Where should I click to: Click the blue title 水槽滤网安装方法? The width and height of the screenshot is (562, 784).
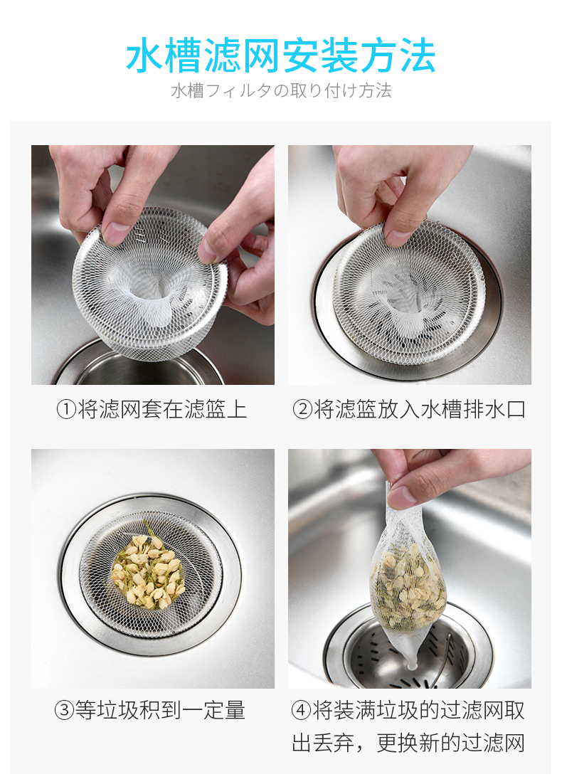pyautogui.click(x=280, y=55)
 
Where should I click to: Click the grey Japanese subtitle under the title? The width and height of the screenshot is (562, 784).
pyautogui.click(x=281, y=90)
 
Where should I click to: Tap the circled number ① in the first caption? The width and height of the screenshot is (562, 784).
pyautogui.click(x=65, y=410)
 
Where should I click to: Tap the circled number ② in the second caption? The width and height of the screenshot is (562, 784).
pyautogui.click(x=302, y=410)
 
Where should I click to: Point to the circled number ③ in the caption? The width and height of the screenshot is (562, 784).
pyautogui.click(x=64, y=710)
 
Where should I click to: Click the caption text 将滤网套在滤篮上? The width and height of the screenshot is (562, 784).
pyautogui.click(x=162, y=410)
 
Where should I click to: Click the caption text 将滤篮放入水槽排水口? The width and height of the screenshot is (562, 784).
pyautogui.click(x=420, y=410)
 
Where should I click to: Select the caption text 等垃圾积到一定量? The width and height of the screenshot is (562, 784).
pyautogui.click(x=160, y=710)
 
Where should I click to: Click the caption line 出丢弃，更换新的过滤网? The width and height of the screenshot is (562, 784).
pyautogui.click(x=408, y=743)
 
